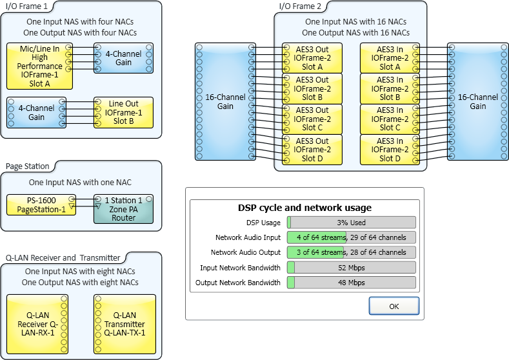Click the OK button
(x=394, y=305)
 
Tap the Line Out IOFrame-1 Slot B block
(x=123, y=112)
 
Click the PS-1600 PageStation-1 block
(x=41, y=205)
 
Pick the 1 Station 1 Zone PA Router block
(x=123, y=209)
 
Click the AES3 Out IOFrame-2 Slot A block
(x=312, y=58)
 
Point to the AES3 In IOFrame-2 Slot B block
(x=390, y=88)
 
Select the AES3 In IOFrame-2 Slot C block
(x=390, y=119)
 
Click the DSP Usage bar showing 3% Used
(x=351, y=223)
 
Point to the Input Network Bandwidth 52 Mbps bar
(x=351, y=268)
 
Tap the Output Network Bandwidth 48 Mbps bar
(x=351, y=283)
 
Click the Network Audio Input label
(x=248, y=237)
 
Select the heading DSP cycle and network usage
(x=304, y=208)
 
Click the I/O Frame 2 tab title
(x=299, y=6)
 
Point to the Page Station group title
(x=28, y=166)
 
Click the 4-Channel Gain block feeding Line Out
(x=36, y=112)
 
